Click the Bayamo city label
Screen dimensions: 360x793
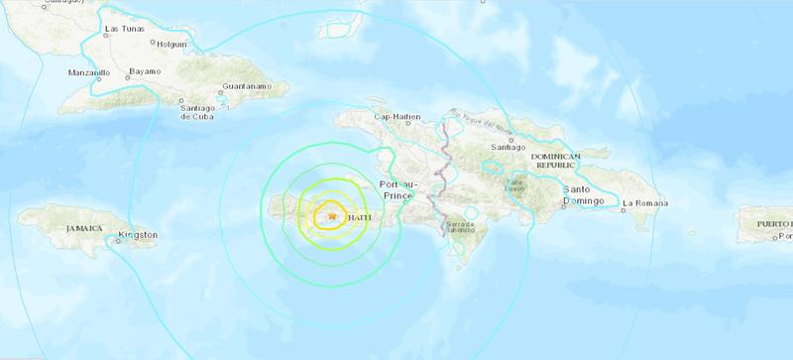tap(146, 73)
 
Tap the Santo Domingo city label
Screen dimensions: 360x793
tap(584, 194)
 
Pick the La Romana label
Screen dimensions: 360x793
tap(645, 204)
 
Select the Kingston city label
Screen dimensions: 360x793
tap(137, 235)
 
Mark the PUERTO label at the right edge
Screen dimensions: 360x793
tap(774, 224)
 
